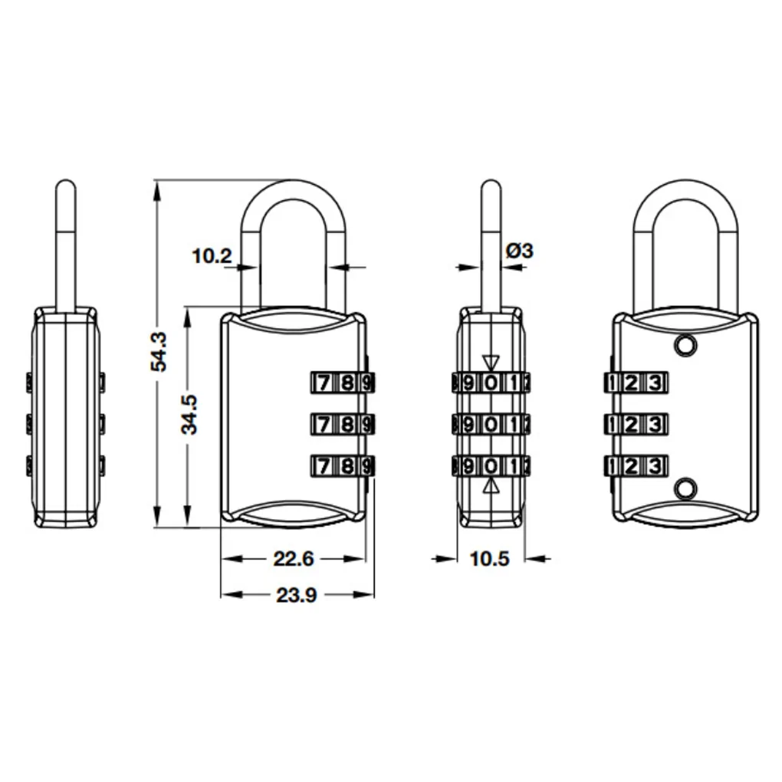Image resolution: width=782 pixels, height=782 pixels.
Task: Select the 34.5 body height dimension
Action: [x=189, y=414]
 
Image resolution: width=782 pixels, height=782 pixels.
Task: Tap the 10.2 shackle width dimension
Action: [x=211, y=255]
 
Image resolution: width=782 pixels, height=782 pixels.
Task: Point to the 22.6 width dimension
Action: [x=294, y=559]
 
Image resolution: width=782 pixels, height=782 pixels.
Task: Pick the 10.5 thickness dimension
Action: [x=489, y=559]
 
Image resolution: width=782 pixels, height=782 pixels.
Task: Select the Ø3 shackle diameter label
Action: [x=519, y=250]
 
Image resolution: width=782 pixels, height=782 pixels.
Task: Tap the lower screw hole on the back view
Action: [x=685, y=488]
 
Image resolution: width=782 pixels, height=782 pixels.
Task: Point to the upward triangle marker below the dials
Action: [x=491, y=485]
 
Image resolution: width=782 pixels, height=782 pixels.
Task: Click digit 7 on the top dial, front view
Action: [x=324, y=382]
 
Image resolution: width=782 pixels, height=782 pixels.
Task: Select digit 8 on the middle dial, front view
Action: [x=347, y=423]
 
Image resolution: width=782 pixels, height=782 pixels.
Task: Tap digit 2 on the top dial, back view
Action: [x=630, y=382]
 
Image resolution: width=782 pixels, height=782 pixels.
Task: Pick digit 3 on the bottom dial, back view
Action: [x=653, y=465]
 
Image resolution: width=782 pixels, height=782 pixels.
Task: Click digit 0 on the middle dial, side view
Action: [x=491, y=423]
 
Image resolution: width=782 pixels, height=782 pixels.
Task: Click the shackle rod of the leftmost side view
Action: [x=67, y=245]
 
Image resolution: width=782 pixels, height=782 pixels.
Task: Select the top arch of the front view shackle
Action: [x=294, y=189]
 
